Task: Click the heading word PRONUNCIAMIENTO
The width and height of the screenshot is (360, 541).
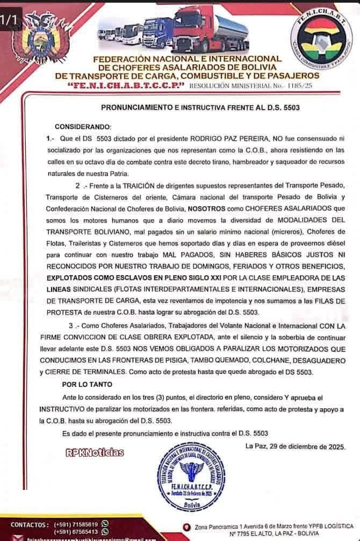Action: point(141,107)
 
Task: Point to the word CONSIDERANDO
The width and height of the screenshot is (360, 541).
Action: point(83,126)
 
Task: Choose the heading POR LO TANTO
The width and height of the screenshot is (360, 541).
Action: point(87,385)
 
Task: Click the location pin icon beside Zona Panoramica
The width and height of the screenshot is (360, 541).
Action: point(186,526)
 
